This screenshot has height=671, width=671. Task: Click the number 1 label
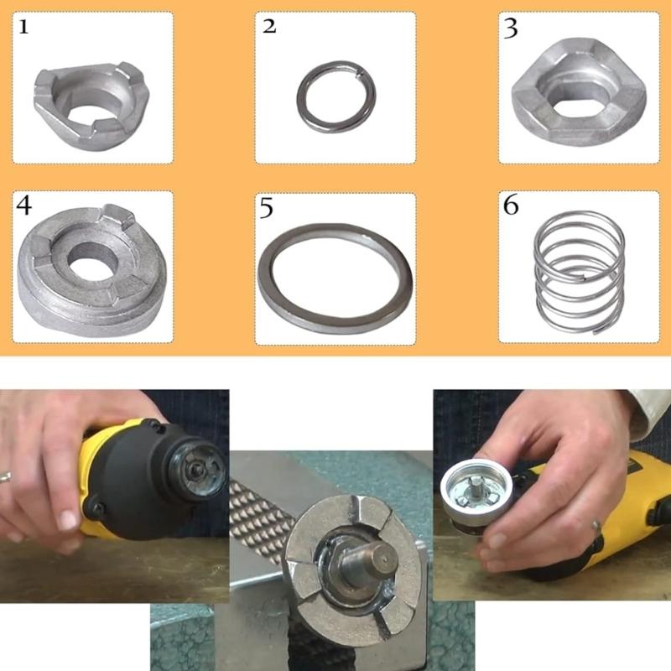coord(23,28)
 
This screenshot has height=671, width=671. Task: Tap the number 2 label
coord(269,27)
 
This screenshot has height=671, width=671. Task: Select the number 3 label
coord(511,29)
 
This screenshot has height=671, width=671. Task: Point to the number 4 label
coord(24,205)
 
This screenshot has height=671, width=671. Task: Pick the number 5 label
coord(266,208)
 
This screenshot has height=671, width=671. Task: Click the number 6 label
coord(511,205)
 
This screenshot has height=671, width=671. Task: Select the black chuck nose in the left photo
coord(198,470)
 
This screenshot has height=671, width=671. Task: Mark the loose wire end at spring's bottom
coord(600,330)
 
